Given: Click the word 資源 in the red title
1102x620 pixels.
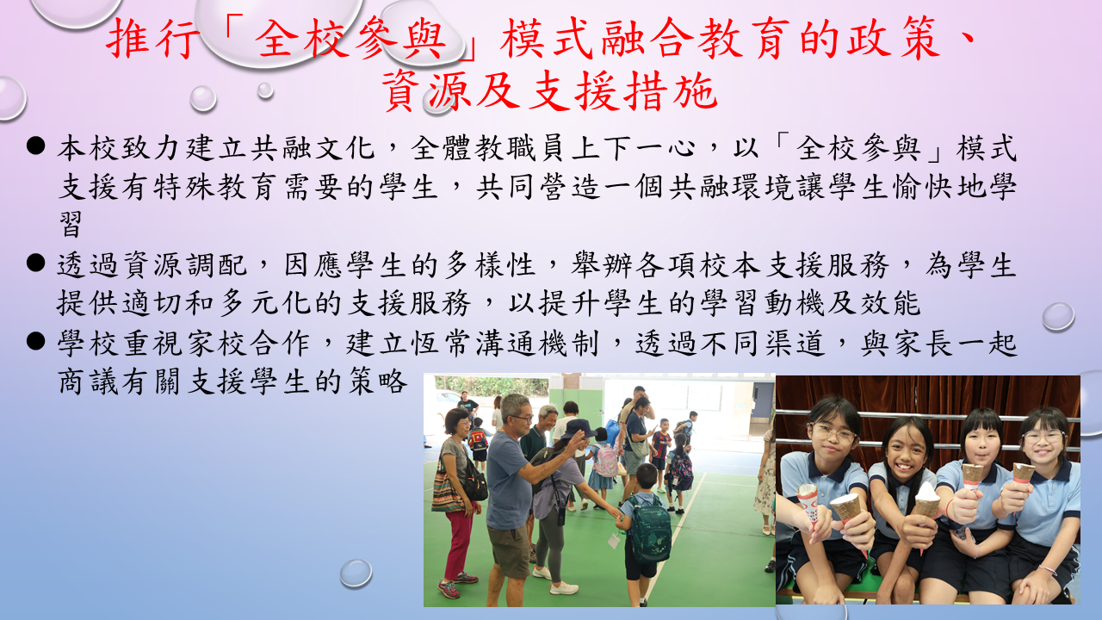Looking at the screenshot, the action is pyautogui.click(x=426, y=90).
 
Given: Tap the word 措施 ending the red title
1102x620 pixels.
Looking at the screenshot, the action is pyautogui.click(x=671, y=90).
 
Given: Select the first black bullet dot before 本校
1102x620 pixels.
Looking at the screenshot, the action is pyautogui.click(x=36, y=146).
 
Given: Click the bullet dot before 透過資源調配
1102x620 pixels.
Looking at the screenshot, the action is pyautogui.click(x=36, y=263).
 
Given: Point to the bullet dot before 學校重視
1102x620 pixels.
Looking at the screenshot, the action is pyautogui.click(x=36, y=340).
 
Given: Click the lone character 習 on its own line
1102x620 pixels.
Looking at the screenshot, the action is pyautogui.click(x=71, y=225).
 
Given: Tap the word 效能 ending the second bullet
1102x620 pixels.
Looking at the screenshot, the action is pyautogui.click(x=890, y=302).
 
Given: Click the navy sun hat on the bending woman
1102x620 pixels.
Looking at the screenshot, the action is pyautogui.click(x=578, y=428).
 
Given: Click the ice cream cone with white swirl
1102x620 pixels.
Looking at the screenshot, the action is pyautogui.click(x=927, y=501).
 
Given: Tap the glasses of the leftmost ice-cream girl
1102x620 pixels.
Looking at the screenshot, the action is pyautogui.click(x=833, y=433).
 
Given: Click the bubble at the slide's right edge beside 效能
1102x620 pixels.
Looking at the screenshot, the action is pyautogui.click(x=1058, y=316).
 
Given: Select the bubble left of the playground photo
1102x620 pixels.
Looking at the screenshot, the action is pyautogui.click(x=356, y=573).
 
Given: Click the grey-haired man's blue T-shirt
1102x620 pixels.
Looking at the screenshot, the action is pyautogui.click(x=508, y=480).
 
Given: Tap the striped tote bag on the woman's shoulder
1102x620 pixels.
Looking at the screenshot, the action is pyautogui.click(x=446, y=492).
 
